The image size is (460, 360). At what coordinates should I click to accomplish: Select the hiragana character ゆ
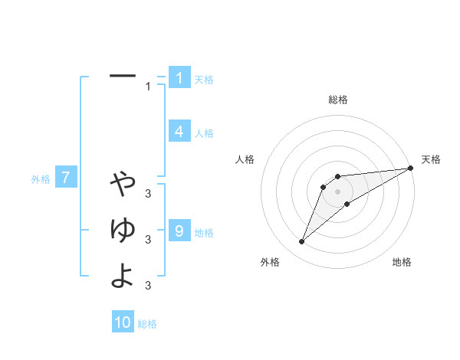tap(123, 229)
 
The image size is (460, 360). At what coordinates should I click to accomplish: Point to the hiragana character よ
tap(123, 275)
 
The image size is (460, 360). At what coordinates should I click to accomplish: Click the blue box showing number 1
tap(179, 78)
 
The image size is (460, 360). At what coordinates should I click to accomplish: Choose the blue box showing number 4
tap(179, 132)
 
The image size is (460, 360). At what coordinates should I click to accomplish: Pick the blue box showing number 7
tap(66, 178)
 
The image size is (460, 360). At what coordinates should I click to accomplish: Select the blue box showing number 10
tap(123, 322)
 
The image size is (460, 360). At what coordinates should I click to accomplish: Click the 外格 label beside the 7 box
tap(41, 179)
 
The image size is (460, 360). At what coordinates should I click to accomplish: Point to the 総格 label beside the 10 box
tap(147, 324)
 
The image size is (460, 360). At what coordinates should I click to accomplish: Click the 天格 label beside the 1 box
tap(204, 80)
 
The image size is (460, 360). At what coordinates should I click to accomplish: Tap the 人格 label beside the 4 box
tap(204, 133)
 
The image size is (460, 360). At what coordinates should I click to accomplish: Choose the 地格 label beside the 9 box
tap(204, 232)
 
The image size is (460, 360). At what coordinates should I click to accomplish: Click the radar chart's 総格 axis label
tap(337, 100)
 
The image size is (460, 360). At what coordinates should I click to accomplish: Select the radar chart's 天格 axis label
tap(431, 159)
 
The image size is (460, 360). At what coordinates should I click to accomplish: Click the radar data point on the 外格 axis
tap(302, 242)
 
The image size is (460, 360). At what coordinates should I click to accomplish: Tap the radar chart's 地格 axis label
tap(402, 263)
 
